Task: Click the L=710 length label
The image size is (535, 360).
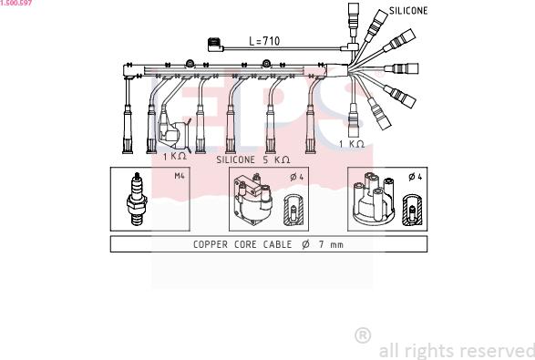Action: tap(264, 41)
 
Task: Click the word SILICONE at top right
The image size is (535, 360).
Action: tap(408, 11)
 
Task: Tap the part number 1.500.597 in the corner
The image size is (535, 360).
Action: tap(16, 3)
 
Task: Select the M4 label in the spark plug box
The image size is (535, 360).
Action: tap(180, 176)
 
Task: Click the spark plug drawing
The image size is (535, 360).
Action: tap(137, 199)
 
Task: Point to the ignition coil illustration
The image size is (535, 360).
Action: tap(253, 199)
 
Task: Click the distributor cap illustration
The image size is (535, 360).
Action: tap(374, 199)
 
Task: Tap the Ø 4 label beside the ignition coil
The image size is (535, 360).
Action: tap(296, 177)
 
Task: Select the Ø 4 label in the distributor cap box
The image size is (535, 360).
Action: tap(416, 177)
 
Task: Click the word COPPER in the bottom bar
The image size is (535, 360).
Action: tap(211, 244)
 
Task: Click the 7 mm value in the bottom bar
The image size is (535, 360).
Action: tap(331, 244)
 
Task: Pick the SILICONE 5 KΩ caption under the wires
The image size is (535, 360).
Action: tap(253, 159)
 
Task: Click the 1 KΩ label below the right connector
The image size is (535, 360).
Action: tap(352, 144)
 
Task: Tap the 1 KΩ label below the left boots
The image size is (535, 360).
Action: tap(175, 156)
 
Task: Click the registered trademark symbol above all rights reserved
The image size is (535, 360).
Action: tap(363, 335)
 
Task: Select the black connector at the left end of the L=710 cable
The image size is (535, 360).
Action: tap(215, 45)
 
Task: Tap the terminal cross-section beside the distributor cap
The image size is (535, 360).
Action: tap(412, 211)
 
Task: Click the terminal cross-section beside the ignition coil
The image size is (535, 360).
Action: tap(293, 211)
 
